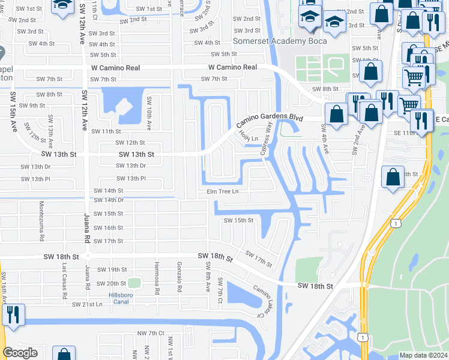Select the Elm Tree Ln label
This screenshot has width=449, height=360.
pos(223,191)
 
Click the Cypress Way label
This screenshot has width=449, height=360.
pos(266,139)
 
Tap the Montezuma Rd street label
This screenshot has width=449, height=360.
pos(41,212)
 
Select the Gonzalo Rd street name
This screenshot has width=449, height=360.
pos(179,277)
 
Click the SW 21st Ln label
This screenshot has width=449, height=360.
pos(88,304)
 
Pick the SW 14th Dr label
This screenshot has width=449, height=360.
pos(109,200)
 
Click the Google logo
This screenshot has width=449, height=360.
pos(20,353)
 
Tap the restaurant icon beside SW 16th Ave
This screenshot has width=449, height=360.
pos(13,314)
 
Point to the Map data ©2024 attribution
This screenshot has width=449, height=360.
pos(423,355)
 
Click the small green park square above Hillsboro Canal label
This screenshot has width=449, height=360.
pos(134,282)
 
